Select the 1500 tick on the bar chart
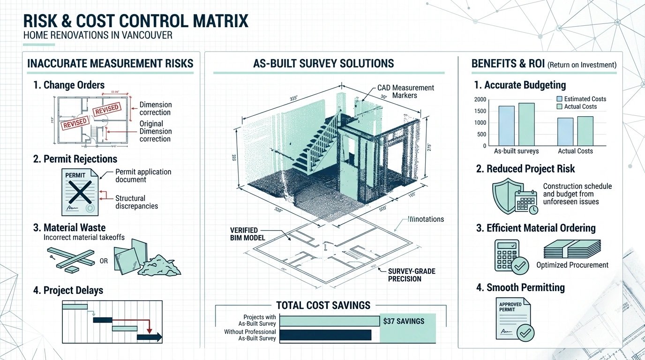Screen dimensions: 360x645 tap(480, 111)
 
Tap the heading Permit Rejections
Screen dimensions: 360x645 tap(75, 158)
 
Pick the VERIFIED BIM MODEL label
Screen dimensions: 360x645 tap(247, 234)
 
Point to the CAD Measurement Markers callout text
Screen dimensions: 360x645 tap(406, 91)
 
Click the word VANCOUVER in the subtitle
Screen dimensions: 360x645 tap(146, 36)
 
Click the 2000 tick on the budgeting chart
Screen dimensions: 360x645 tap(480, 99)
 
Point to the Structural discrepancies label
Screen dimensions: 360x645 tap(136, 202)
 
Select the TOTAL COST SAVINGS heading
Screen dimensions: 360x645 tap(323, 306)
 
